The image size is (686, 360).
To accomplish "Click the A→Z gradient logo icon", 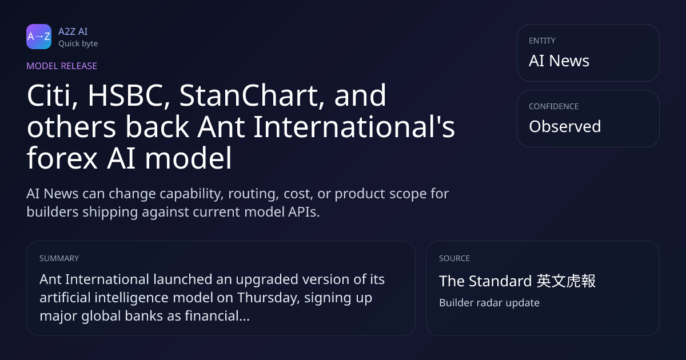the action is pyautogui.click(x=39, y=37).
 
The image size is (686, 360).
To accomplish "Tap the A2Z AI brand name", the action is pyautogui.click(x=73, y=31).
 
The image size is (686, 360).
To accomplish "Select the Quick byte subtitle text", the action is pyautogui.click(x=78, y=44).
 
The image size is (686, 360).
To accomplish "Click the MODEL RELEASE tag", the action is pyautogui.click(x=62, y=66).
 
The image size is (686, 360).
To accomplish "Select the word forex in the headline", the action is pyautogui.click(x=62, y=159).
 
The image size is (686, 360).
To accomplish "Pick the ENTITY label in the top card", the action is pyautogui.click(x=542, y=41).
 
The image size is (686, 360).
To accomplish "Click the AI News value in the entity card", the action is pyautogui.click(x=559, y=61).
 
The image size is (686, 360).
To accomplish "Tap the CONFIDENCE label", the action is pyautogui.click(x=554, y=106).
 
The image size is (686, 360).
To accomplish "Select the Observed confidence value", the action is pyautogui.click(x=565, y=126).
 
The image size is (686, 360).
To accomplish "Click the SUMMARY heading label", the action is pyautogui.click(x=59, y=258).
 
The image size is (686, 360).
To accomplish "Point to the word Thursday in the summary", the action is pyautogui.click(x=268, y=298).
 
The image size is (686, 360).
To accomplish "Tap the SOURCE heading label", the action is pyautogui.click(x=454, y=258).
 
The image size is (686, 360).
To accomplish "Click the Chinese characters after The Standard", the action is pyautogui.click(x=567, y=281).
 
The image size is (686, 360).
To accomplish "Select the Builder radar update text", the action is pyautogui.click(x=489, y=303).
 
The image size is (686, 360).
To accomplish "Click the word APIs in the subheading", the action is pyautogui.click(x=304, y=212).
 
